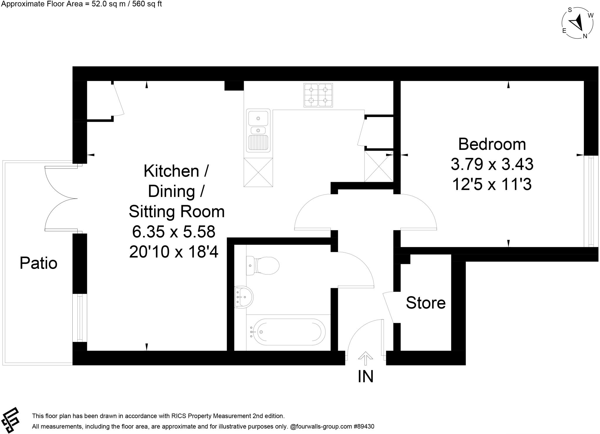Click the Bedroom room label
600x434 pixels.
[492, 144]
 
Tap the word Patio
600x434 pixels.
[38, 263]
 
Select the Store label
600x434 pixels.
[425, 303]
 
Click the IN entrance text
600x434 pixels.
[365, 377]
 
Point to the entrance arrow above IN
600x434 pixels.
[365, 358]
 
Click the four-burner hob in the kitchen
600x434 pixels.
[318, 95]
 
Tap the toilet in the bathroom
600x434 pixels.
[262, 266]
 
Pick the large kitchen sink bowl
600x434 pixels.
[258, 118]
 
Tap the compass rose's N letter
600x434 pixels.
[585, 36]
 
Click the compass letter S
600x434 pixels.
[570, 10]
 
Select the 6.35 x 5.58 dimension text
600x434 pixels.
[174, 231]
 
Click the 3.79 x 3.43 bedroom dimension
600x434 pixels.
[492, 164]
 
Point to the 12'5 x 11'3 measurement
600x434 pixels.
[492, 184]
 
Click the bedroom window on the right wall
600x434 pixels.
[591, 201]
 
